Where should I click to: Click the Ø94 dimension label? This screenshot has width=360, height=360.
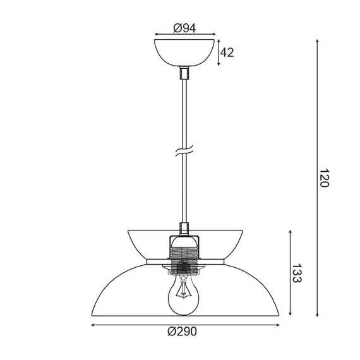184,28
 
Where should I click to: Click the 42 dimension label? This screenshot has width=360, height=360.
227,52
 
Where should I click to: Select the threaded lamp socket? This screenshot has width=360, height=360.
184,255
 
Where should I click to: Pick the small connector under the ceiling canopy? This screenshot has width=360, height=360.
184,73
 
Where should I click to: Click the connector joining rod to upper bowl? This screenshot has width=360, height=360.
184,228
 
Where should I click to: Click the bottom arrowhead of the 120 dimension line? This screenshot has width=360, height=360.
317,315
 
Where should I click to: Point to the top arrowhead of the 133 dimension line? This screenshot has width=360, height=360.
290,231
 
